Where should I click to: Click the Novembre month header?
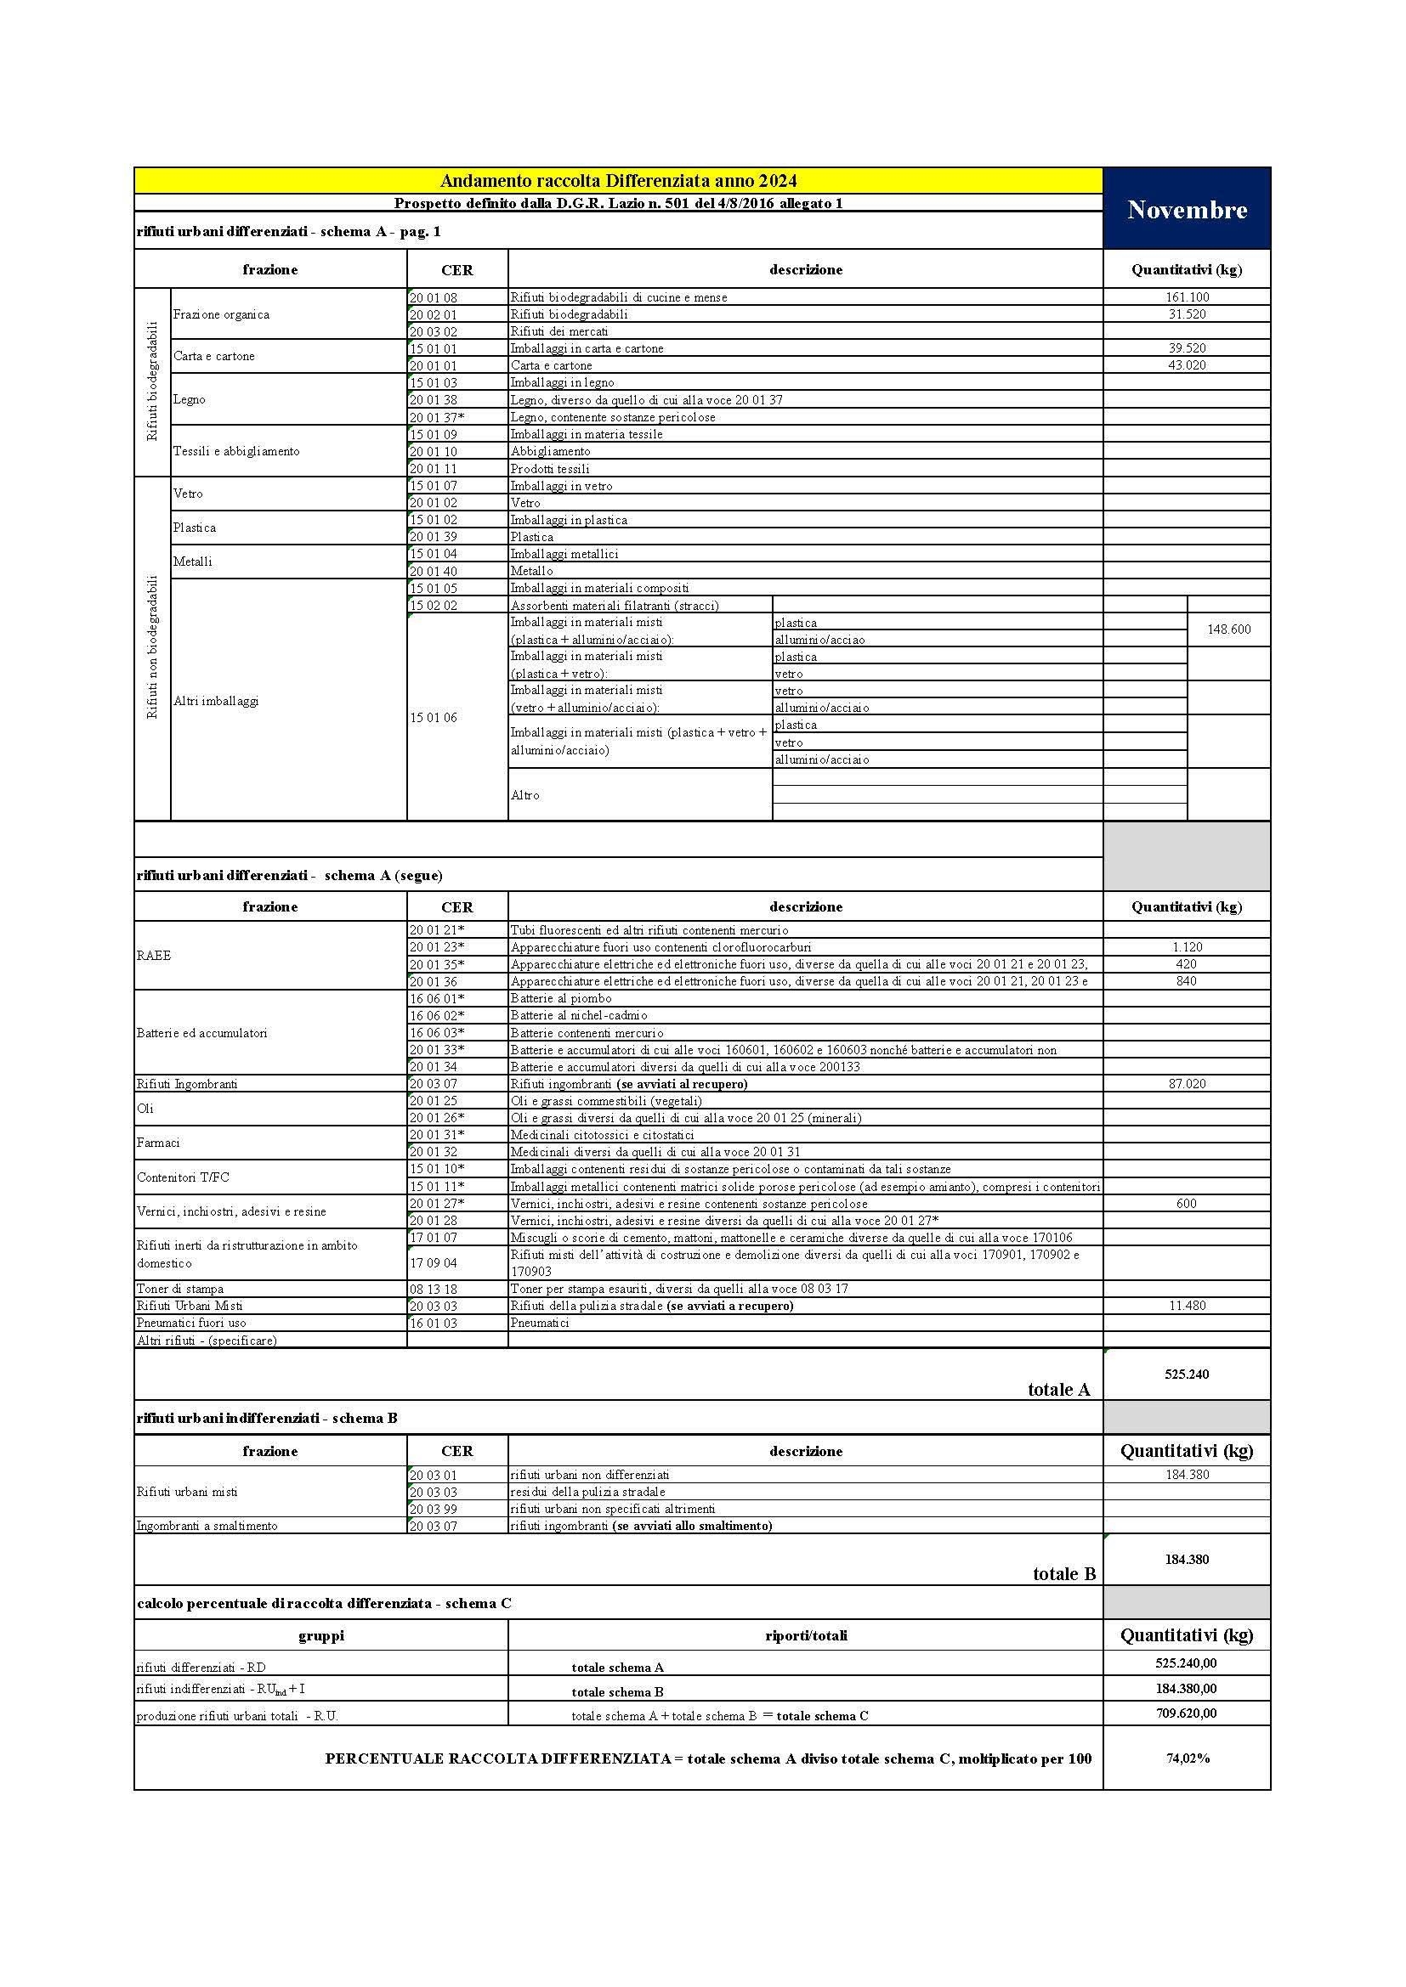pos(1186,210)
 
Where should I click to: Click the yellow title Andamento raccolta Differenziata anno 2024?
pos(618,181)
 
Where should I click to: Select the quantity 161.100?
pos(1186,296)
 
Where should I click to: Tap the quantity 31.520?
pos(1186,314)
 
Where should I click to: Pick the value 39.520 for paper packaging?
pos(1186,348)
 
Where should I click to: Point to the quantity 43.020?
pos(1186,365)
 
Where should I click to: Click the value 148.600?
pos(1228,629)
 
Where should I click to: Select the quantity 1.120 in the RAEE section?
pos(1186,946)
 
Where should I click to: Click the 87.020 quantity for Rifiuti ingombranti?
pos(1186,1083)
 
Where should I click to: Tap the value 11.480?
pos(1186,1305)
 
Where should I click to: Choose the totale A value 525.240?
pos(1186,1374)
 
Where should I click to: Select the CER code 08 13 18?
pos(433,1289)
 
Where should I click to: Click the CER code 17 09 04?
pos(433,1262)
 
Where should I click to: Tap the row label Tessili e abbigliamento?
pos(236,451)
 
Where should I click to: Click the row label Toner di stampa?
pos(180,1289)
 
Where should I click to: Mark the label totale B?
pos(1064,1573)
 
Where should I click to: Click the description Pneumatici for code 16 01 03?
pos(540,1323)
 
